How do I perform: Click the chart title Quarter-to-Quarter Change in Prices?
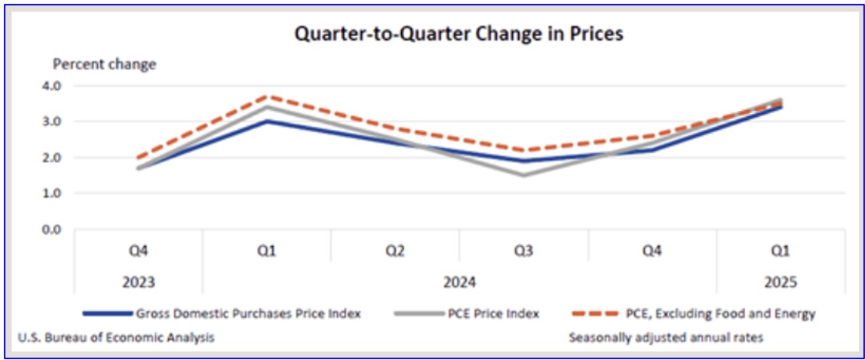[x=450, y=34]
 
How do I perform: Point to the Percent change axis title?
[x=104, y=64]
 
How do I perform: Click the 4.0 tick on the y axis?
[x=63, y=86]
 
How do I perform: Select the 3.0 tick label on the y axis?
[x=63, y=122]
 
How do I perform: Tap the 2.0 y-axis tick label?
[x=63, y=157]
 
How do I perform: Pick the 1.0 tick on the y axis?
[x=63, y=193]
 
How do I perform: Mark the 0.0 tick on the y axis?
[x=63, y=229]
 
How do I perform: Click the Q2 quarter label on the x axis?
[x=395, y=251]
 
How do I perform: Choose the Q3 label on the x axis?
[x=523, y=251]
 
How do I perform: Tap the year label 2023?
[x=138, y=282]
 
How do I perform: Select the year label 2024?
[x=459, y=282]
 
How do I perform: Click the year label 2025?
[x=780, y=282]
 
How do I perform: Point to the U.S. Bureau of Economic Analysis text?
[x=116, y=336]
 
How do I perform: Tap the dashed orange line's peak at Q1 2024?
[x=267, y=96]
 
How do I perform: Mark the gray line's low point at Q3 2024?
[x=523, y=175]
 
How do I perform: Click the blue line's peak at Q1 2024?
[x=267, y=121]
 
